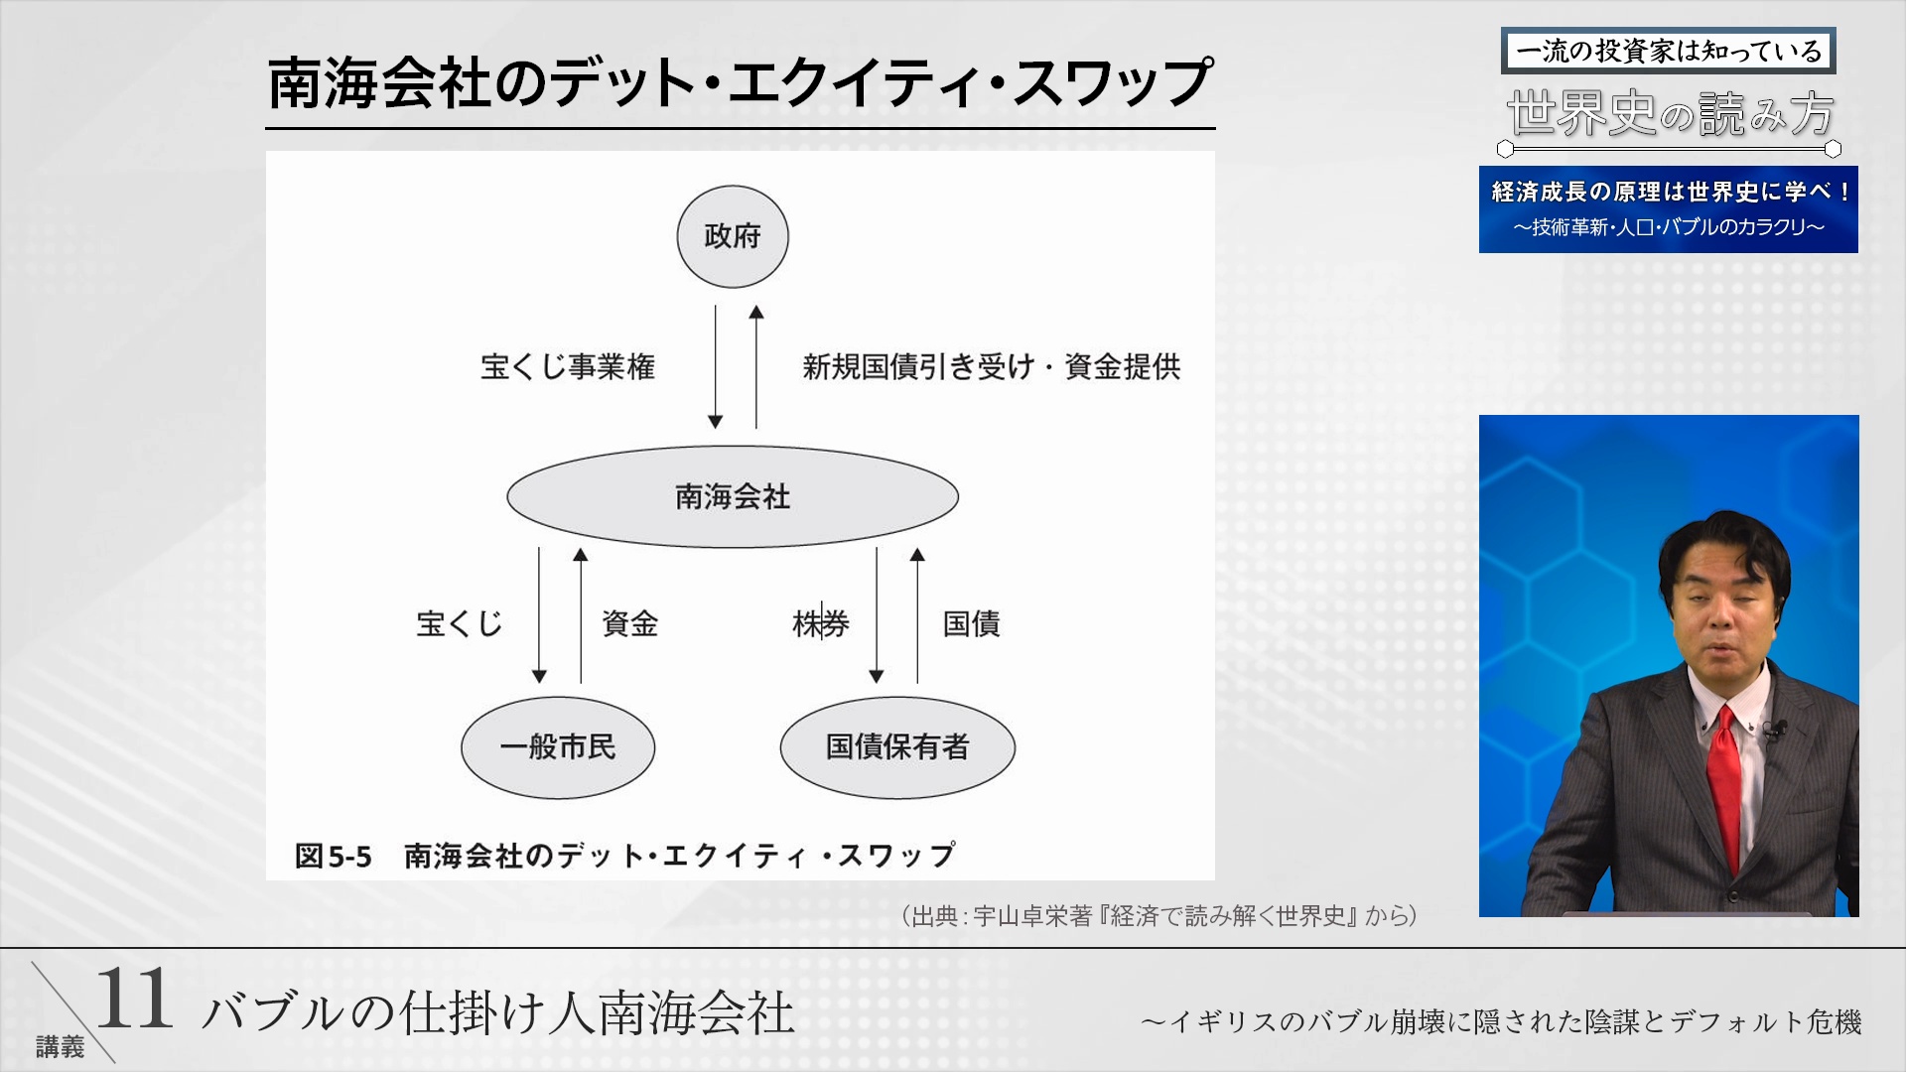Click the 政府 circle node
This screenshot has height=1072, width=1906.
[733, 236]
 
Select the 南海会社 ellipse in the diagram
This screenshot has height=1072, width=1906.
[733, 496]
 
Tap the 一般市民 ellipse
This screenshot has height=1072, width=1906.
[558, 746]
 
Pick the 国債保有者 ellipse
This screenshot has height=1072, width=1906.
[897, 746]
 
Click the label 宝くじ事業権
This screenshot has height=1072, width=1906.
[567, 366]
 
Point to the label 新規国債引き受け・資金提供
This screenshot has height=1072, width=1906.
[991, 366]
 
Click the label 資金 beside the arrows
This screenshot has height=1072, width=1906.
[629, 623]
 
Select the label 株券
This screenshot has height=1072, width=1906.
[820, 623]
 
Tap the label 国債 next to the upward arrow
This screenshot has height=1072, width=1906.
[971, 623]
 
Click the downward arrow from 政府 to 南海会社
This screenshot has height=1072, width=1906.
[715, 367]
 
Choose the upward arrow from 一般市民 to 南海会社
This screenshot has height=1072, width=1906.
[581, 615]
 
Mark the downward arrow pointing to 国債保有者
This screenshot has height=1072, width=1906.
[877, 615]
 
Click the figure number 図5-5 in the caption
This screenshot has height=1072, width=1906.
[334, 856]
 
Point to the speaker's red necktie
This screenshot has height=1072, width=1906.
[1725, 784]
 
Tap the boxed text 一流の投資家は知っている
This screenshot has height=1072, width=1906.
[1668, 51]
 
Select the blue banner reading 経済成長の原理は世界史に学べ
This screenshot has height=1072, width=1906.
[1668, 208]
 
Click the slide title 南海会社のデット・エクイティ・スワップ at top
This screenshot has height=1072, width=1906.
[740, 83]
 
